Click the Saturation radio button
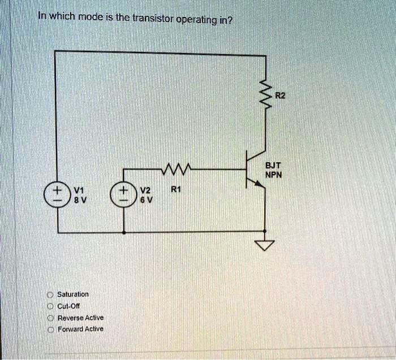50,294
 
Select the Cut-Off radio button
50,306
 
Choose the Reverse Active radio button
50,317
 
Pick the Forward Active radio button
50,328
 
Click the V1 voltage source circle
58,194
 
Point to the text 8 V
76,198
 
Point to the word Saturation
73,294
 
